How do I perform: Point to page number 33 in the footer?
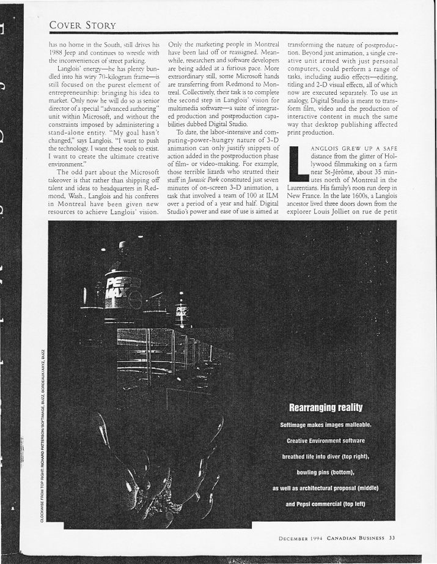(x=392, y=538)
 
